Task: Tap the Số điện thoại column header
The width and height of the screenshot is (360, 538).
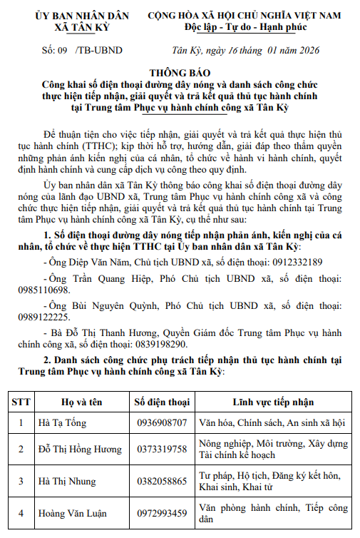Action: [x=162, y=402]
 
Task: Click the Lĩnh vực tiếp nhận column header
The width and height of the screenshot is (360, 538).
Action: [x=272, y=402]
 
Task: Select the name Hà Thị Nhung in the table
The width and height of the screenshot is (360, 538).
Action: [x=68, y=482]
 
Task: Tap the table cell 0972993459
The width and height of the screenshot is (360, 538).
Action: [x=162, y=513]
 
